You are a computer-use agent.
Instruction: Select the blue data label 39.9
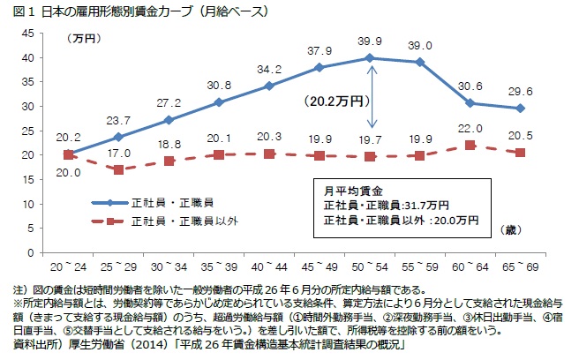click(x=371, y=41)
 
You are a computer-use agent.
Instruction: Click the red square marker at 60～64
click(x=471, y=146)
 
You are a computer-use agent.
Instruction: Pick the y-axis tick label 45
click(x=26, y=33)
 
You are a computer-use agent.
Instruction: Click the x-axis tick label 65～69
click(x=521, y=265)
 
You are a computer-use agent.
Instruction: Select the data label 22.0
click(x=471, y=129)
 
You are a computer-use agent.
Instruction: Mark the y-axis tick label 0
click(x=30, y=252)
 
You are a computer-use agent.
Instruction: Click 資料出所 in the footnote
click(x=32, y=344)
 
